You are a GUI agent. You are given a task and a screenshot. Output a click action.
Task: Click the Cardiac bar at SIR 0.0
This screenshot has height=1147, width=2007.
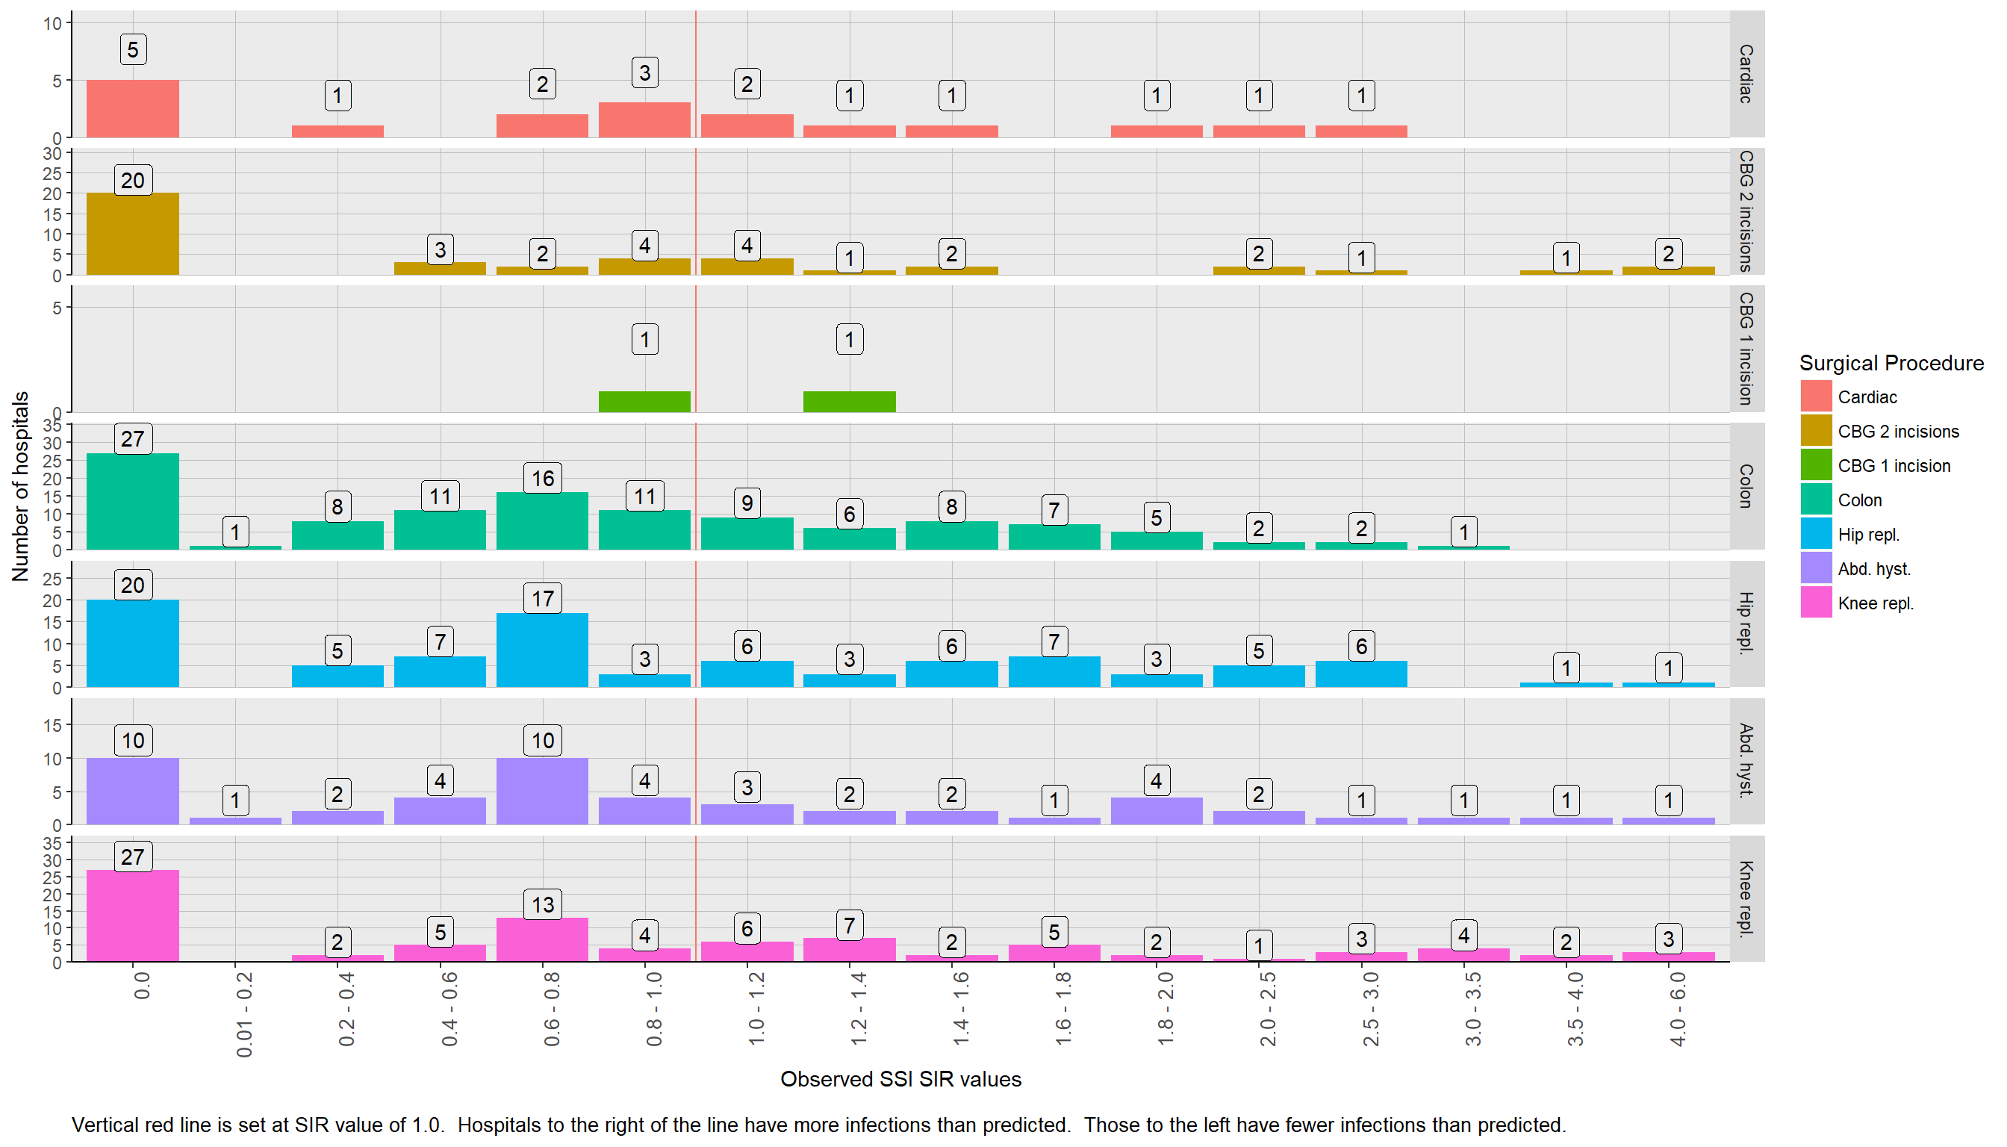pyautogui.click(x=132, y=109)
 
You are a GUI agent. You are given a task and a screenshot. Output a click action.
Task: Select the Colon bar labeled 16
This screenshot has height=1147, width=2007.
pyautogui.click(x=542, y=520)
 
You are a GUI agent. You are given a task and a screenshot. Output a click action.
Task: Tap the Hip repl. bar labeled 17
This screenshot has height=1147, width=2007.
pyautogui.click(x=542, y=650)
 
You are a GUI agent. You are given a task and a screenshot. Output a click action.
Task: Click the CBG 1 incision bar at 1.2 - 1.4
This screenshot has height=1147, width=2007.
pyautogui.click(x=849, y=402)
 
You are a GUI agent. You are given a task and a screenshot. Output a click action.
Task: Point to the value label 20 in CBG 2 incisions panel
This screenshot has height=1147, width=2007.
pyautogui.click(x=132, y=181)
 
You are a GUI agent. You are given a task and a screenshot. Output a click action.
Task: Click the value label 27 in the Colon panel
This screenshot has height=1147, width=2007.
pyautogui.click(x=132, y=439)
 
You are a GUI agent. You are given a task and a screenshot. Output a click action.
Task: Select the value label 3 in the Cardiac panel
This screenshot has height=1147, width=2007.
pyautogui.click(x=644, y=72)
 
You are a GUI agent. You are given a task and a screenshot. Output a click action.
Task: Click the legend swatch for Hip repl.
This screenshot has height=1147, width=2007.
pyautogui.click(x=1816, y=534)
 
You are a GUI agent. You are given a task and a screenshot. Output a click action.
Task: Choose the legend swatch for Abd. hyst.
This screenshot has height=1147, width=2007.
pyautogui.click(x=1816, y=569)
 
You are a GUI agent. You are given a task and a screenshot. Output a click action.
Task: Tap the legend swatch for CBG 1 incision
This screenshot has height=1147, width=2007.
pyautogui.click(x=1816, y=465)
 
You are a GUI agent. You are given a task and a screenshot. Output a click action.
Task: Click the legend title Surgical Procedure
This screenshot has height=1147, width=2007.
pyautogui.click(x=1891, y=363)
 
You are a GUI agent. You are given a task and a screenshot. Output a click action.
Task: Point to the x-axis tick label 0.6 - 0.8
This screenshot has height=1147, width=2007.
pyautogui.click(x=551, y=1009)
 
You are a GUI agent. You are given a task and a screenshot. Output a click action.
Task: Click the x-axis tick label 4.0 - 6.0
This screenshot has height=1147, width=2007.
pyautogui.click(x=1677, y=1009)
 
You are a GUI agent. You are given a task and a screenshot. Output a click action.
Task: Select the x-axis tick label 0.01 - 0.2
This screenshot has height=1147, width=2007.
pyautogui.click(x=244, y=1015)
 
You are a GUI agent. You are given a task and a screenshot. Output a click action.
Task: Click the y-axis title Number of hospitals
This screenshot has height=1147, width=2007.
pyautogui.click(x=20, y=486)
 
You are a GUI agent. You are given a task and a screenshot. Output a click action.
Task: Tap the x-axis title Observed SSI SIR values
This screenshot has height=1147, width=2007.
pyautogui.click(x=900, y=1079)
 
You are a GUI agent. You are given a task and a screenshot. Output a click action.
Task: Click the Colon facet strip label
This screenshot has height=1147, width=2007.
pyautogui.click(x=1746, y=486)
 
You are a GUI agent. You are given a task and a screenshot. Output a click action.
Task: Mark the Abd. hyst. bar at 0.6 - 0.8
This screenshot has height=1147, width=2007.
pyautogui.click(x=542, y=791)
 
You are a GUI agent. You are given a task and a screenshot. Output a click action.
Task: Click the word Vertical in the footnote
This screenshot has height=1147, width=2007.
pyautogui.click(x=103, y=1125)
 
